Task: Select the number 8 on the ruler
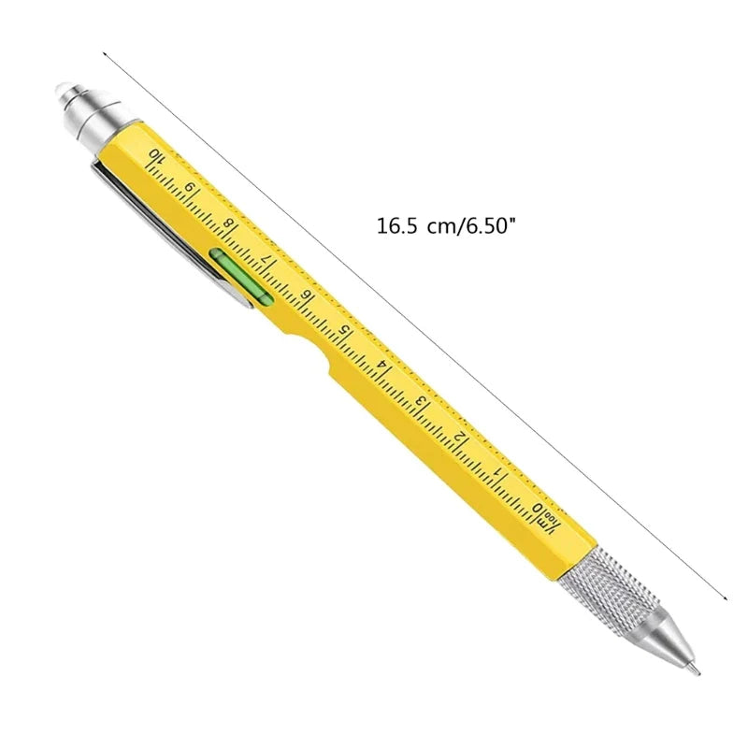(230, 225)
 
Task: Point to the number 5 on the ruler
(345, 330)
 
